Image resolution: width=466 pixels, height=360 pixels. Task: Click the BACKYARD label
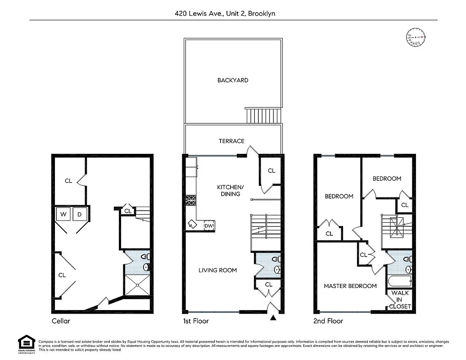[x=233, y=81]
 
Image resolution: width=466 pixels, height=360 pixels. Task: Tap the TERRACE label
[x=231, y=141]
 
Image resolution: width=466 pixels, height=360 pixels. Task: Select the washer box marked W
[x=63, y=215]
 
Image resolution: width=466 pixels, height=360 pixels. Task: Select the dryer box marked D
[x=80, y=215]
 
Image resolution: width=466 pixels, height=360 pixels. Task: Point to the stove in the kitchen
[x=190, y=199]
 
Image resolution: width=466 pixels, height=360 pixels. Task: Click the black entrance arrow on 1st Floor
[x=272, y=319]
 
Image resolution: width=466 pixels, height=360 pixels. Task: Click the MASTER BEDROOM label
[x=350, y=286]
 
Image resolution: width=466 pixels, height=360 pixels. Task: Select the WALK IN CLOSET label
[x=400, y=300]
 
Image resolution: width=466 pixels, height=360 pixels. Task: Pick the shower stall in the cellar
[x=137, y=285]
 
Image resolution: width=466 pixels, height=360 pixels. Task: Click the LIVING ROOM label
[x=217, y=270]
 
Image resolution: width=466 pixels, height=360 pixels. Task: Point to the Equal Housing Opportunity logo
[x=27, y=345]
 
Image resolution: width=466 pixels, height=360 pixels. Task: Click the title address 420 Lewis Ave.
[x=225, y=13]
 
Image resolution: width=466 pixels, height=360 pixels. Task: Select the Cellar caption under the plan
[x=61, y=321]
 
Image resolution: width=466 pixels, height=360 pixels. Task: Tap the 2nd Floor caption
[x=328, y=321]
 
